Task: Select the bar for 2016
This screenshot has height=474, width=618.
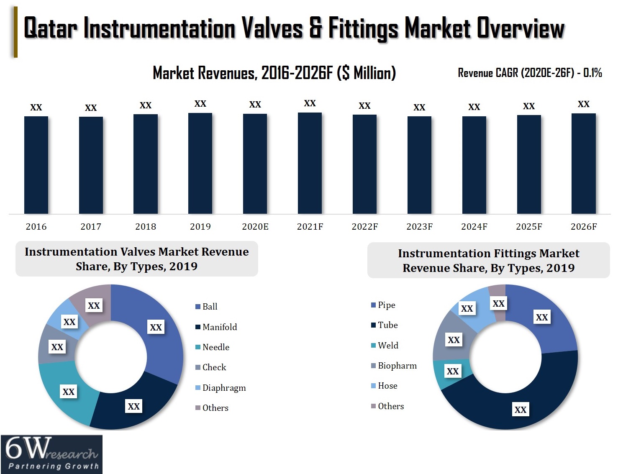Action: (x=36, y=165)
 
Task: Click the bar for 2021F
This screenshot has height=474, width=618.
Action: (x=310, y=163)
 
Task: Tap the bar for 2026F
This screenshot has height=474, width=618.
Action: (x=583, y=164)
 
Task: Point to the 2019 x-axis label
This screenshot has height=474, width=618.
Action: (x=200, y=227)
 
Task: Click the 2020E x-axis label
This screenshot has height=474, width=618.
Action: (x=255, y=227)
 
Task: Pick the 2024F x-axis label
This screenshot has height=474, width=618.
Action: (x=474, y=227)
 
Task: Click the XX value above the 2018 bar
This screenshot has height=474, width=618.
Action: (x=145, y=105)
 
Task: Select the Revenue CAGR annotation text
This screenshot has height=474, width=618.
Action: (x=529, y=73)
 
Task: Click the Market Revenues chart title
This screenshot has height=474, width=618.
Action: (x=274, y=73)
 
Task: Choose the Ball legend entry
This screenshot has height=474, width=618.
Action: (x=210, y=307)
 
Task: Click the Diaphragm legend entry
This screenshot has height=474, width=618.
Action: (x=224, y=388)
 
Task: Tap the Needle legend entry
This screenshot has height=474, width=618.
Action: (x=215, y=347)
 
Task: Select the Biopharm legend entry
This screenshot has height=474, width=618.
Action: (x=397, y=366)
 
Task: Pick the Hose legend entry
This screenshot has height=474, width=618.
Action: (x=387, y=386)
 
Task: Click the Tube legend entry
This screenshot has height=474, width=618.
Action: (x=387, y=325)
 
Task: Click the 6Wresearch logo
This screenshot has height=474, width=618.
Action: (x=51, y=454)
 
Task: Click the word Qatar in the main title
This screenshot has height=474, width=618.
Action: (x=50, y=28)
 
